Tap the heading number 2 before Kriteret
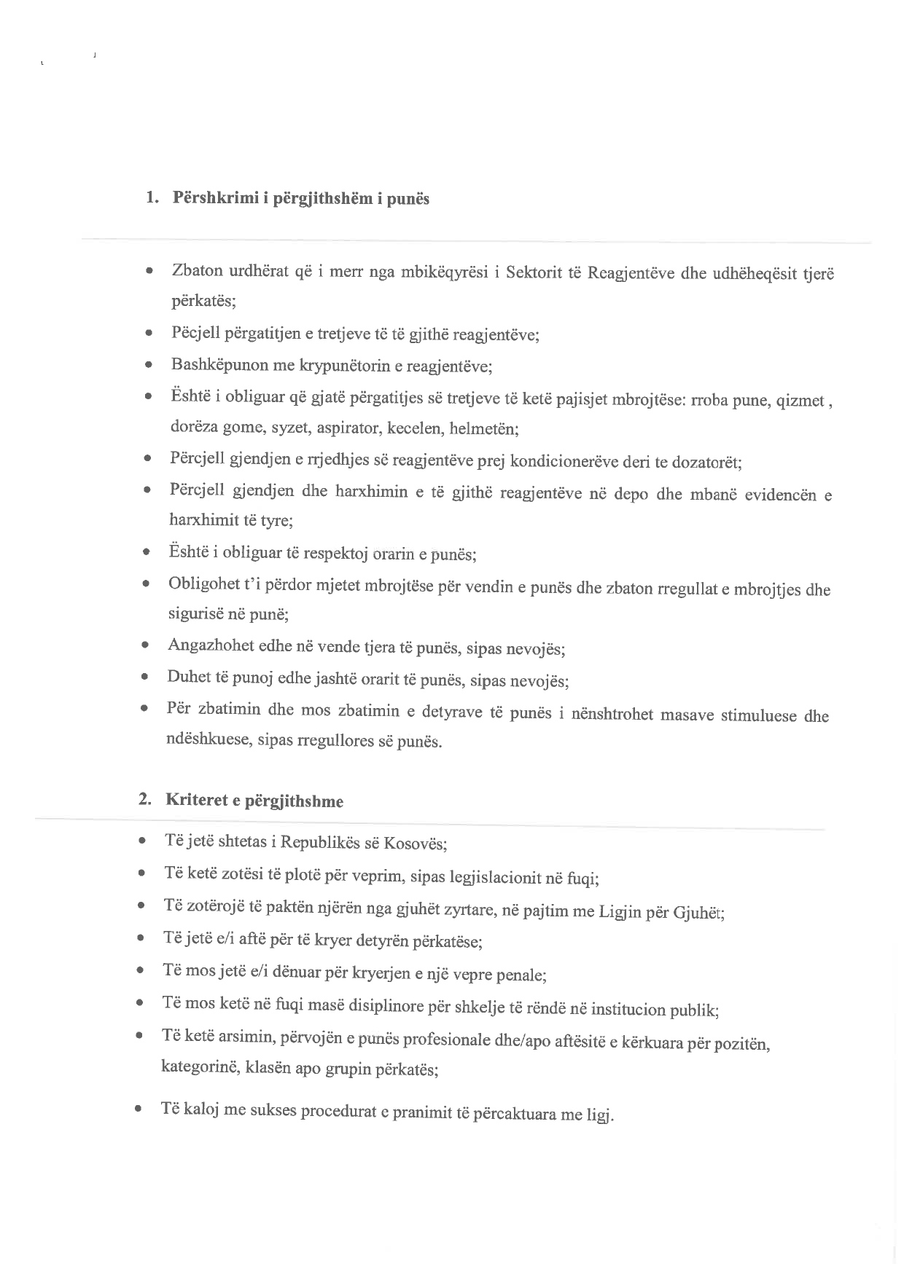coord(144,798)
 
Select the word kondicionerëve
coord(560,461)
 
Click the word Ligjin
coord(620,911)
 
